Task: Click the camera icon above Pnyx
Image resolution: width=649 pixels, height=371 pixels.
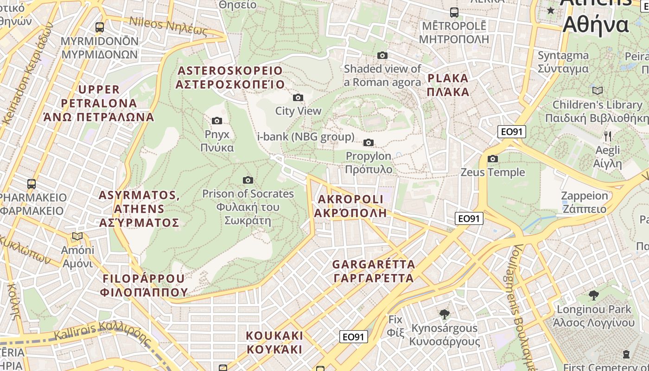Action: pyautogui.click(x=216, y=121)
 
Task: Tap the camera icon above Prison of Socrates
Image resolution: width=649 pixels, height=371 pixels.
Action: pyautogui.click(x=248, y=180)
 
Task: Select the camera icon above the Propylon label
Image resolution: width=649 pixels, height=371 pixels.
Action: pyautogui.click(x=369, y=142)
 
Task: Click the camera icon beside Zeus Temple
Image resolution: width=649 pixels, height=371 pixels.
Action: pyautogui.click(x=493, y=159)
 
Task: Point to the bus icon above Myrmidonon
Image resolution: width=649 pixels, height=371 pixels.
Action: pyautogui.click(x=100, y=27)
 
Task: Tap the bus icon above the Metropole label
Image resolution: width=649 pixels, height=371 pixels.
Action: pyautogui.click(x=454, y=13)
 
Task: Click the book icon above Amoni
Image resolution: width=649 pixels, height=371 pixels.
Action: pyautogui.click(x=77, y=237)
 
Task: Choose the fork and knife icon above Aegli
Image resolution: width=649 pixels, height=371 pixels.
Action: pyautogui.click(x=608, y=136)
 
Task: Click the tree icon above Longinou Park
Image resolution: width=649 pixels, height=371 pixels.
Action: pyautogui.click(x=593, y=295)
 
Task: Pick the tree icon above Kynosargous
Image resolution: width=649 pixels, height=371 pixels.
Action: pyautogui.click(x=445, y=314)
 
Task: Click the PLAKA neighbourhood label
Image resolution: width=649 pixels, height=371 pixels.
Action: pyautogui.click(x=448, y=85)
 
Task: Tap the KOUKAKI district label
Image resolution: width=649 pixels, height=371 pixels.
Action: pyautogui.click(x=274, y=342)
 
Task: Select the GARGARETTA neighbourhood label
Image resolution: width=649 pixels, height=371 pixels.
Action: pyautogui.click(x=374, y=271)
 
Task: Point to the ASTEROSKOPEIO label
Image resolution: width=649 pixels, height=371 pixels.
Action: pyautogui.click(x=230, y=77)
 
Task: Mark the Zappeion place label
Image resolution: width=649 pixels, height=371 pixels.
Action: pyautogui.click(x=584, y=202)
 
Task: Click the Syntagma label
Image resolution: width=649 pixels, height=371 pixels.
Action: pyautogui.click(x=563, y=62)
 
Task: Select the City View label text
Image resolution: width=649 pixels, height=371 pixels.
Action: pyautogui.click(x=298, y=111)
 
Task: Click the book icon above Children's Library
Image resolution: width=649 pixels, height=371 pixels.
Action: pyautogui.click(x=598, y=90)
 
